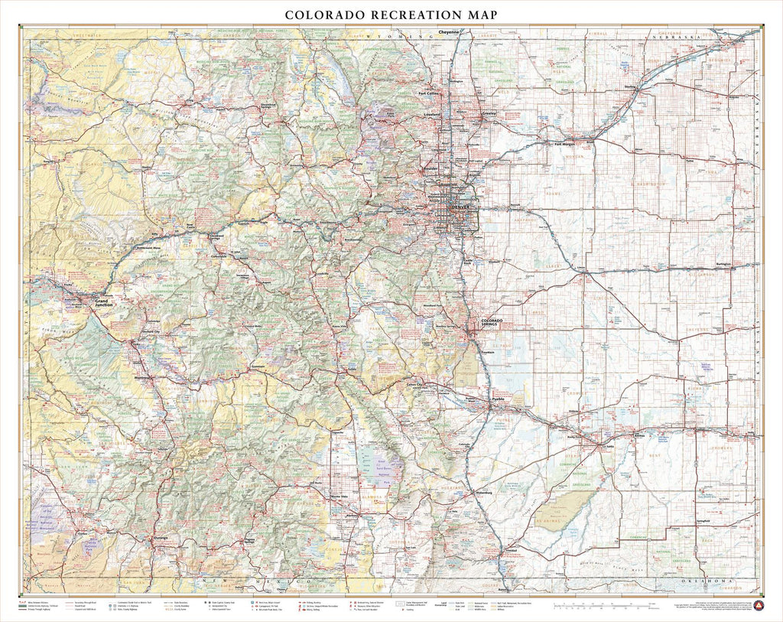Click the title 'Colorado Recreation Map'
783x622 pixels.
[391, 15]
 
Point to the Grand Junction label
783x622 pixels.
[105, 303]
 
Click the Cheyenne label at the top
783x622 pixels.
[449, 32]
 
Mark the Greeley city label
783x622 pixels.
[489, 112]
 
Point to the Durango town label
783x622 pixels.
[160, 538]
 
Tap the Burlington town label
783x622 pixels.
[723, 264]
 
